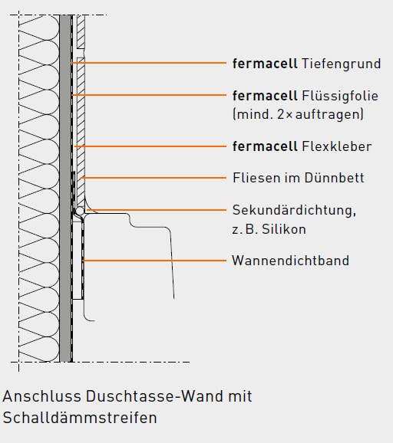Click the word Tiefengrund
(x=342, y=64)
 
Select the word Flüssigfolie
(x=340, y=96)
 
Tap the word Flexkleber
(x=337, y=146)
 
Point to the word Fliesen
(x=256, y=178)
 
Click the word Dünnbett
(x=334, y=178)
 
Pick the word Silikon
(x=284, y=229)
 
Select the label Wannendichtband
(x=291, y=261)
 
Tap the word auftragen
(x=328, y=115)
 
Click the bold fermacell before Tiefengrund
(x=265, y=64)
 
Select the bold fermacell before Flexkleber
(x=265, y=146)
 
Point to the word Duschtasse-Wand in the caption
(x=155, y=396)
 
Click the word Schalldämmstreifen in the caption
(x=80, y=418)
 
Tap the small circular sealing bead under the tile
(x=80, y=211)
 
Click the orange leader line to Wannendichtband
(x=154, y=261)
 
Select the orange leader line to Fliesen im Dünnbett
(x=154, y=178)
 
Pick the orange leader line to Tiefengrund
(x=149, y=63)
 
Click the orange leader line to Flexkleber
(x=150, y=146)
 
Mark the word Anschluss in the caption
(x=42, y=396)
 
